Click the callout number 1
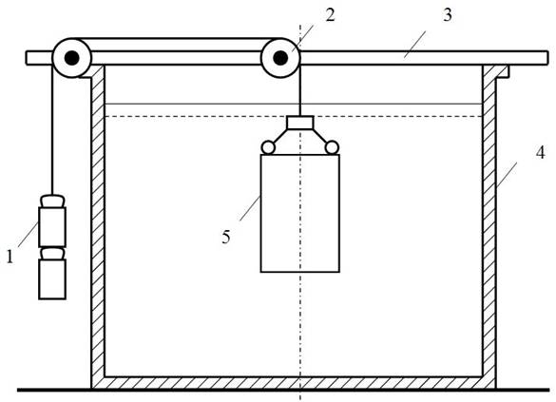[10, 257]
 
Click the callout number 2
[330, 15]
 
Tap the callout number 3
[448, 15]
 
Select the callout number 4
[540, 153]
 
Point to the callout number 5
[226, 237]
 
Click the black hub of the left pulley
[72, 58]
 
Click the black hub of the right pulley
[280, 58]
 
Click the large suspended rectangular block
[300, 213]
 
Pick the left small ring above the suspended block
[268, 147]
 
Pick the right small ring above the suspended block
[332, 147]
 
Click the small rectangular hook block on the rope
[300, 123]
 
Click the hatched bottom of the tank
[294, 383]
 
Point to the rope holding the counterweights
[52, 129]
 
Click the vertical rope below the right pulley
[300, 90]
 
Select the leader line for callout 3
[415, 44]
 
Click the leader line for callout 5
[250, 208]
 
